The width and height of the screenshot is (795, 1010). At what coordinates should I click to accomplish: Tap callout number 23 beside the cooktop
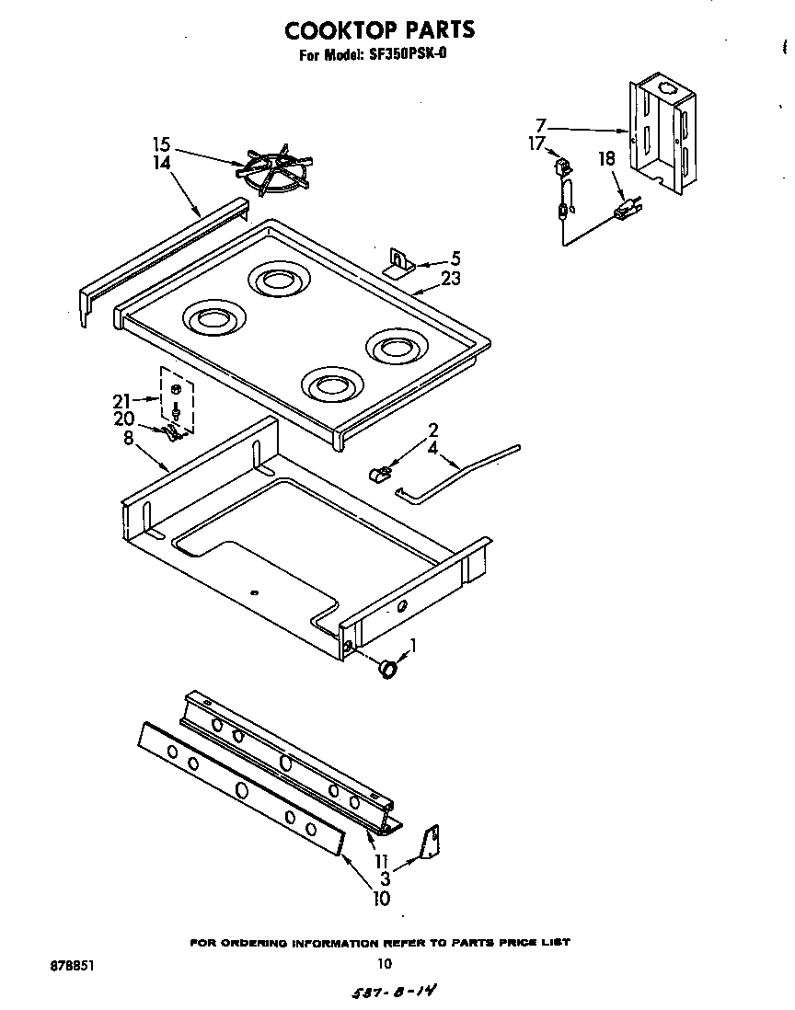tap(451, 280)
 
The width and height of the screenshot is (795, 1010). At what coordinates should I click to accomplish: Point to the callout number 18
tap(606, 158)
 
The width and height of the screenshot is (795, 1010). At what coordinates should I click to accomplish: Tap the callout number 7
tap(541, 124)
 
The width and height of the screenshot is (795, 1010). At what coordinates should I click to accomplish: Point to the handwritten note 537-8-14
tap(394, 993)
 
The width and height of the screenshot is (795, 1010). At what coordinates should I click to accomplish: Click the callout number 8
tap(128, 438)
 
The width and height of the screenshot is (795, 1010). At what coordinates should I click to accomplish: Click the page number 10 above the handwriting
tap(385, 964)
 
